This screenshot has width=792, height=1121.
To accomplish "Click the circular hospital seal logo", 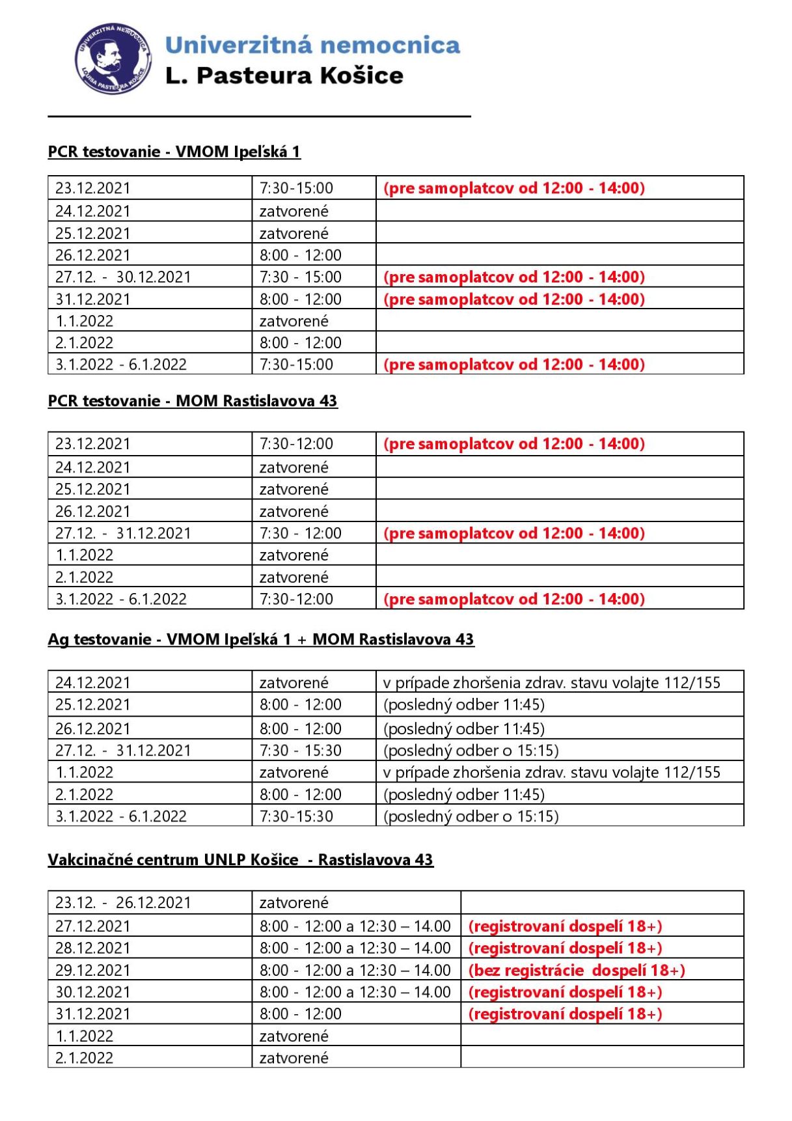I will [113, 59].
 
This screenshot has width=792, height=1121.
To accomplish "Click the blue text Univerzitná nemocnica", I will [312, 45].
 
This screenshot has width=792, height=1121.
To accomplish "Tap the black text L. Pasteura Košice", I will [284, 76].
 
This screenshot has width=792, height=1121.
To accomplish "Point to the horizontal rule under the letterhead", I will [259, 117].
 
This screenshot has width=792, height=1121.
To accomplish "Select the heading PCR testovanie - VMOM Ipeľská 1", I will [174, 152].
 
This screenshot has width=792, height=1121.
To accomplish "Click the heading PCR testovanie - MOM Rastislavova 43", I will [193, 400].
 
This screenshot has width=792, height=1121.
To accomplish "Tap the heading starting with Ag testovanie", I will [260, 639].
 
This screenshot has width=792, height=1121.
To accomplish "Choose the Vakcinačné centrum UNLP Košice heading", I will [240, 859].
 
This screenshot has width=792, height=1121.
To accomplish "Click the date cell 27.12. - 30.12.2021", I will [123, 277].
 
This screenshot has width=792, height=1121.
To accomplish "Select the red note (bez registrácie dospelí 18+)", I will [577, 970].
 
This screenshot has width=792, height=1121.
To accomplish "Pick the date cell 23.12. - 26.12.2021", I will [123, 903].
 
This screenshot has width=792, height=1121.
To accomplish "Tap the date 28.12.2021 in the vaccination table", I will [92, 948].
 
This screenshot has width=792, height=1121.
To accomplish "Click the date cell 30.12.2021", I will [92, 992].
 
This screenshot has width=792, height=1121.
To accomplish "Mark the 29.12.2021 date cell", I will [92, 970].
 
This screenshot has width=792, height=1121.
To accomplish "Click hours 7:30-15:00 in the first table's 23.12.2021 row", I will [296, 188].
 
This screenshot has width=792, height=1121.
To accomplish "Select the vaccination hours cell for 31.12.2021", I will [300, 1014].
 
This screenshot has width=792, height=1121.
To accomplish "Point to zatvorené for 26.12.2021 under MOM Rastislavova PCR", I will [294, 511].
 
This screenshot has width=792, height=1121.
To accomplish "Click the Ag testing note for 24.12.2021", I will [552, 682].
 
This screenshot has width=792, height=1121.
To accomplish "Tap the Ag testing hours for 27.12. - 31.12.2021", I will [300, 751].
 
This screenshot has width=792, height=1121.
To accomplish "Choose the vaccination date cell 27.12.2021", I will [92, 926].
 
